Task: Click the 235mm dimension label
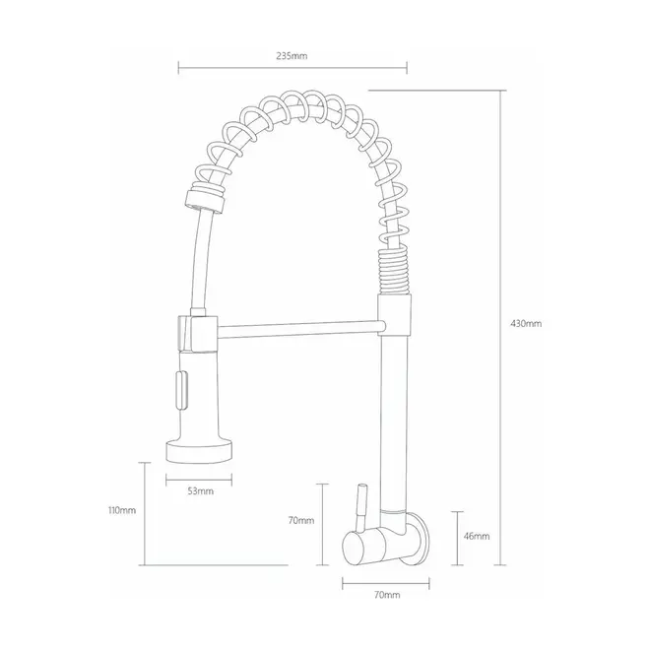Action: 292,56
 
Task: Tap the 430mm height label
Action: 526,324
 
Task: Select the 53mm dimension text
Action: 201,491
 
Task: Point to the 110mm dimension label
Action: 122,510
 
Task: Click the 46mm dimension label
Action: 477,536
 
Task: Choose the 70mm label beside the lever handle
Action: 301,520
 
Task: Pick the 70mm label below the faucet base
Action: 387,595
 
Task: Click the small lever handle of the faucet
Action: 361,507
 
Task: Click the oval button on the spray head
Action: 181,391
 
